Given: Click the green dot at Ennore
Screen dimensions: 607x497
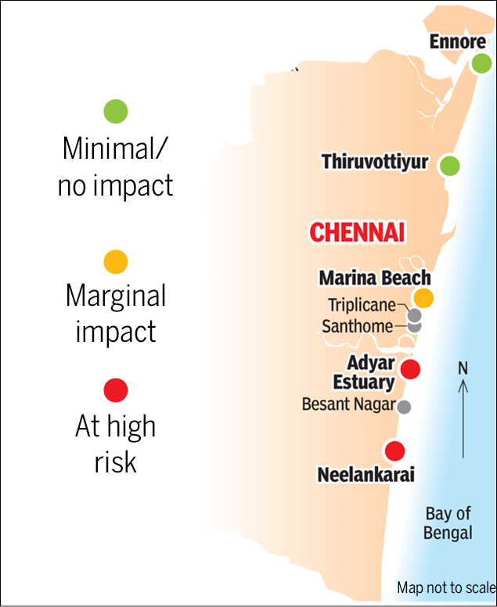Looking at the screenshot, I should tap(481, 64).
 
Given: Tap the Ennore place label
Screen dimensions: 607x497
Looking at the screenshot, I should tap(458, 41).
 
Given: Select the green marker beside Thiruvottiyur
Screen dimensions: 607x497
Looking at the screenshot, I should tap(449, 166).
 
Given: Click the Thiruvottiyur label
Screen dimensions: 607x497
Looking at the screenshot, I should tap(374, 163).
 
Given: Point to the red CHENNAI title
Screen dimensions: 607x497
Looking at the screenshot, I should tap(356, 232).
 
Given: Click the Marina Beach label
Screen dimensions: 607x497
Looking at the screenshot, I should tap(374, 278).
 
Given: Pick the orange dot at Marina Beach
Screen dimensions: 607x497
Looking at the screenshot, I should tap(423, 297).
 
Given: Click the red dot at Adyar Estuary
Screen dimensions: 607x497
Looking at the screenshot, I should tap(409, 369).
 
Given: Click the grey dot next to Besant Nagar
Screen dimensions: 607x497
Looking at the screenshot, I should tap(404, 407).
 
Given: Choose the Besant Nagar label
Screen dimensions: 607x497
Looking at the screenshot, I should tap(348, 405).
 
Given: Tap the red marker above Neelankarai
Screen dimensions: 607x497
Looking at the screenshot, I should tap(394, 451).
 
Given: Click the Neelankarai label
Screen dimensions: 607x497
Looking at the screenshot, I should tap(366, 475).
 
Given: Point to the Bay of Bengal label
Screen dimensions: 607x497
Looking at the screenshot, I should tap(448, 523).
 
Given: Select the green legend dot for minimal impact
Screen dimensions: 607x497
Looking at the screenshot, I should tap(115, 111).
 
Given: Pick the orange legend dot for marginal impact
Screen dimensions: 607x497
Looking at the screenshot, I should tap(115, 261).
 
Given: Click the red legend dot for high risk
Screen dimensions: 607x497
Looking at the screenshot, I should tap(115, 390).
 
